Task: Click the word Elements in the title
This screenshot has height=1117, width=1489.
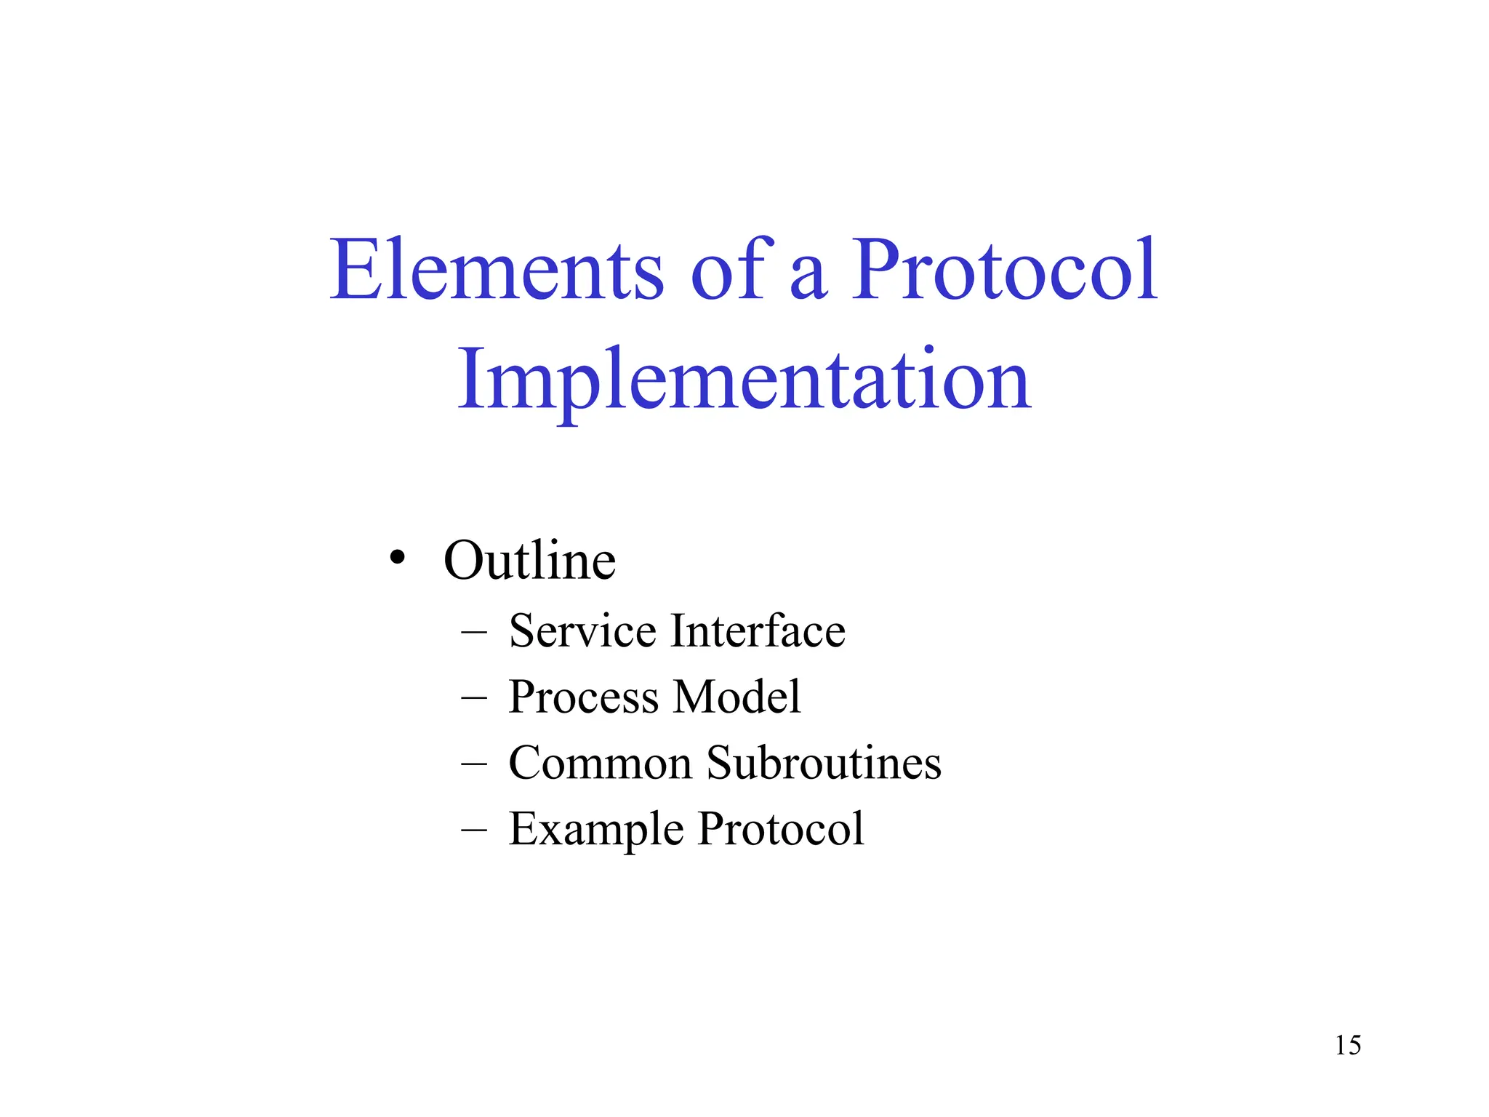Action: coord(497,271)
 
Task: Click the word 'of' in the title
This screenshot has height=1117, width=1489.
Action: coord(729,271)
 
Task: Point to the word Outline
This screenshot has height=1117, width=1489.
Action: coord(529,561)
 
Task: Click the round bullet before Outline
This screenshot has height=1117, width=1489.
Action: coord(396,558)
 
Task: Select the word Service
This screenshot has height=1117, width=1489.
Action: coord(582,630)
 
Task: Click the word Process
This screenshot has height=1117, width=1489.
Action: coord(584,697)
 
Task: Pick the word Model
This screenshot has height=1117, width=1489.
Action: coord(737,697)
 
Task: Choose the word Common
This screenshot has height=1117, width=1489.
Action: coord(600,763)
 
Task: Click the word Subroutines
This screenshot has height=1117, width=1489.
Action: coord(824,763)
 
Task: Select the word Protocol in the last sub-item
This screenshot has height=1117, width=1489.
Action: coord(781,829)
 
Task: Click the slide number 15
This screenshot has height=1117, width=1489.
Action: coord(1347,1046)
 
